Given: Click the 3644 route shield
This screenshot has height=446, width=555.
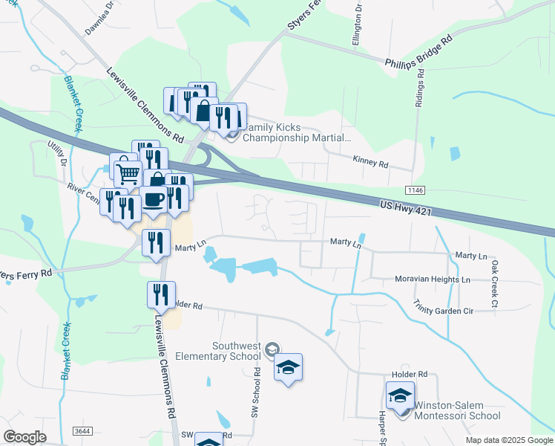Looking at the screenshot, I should click(x=82, y=430).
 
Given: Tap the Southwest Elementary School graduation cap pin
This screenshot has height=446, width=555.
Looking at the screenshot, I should click(x=288, y=366).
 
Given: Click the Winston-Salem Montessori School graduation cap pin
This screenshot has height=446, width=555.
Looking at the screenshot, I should click(x=400, y=395).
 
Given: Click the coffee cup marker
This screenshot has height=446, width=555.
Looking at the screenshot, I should click(x=154, y=199).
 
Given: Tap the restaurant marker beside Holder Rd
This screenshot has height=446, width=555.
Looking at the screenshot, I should click(x=161, y=296).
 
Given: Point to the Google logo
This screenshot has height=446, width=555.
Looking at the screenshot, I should click(x=26, y=437).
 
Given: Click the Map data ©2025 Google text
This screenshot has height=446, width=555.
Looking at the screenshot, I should click(x=508, y=440).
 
